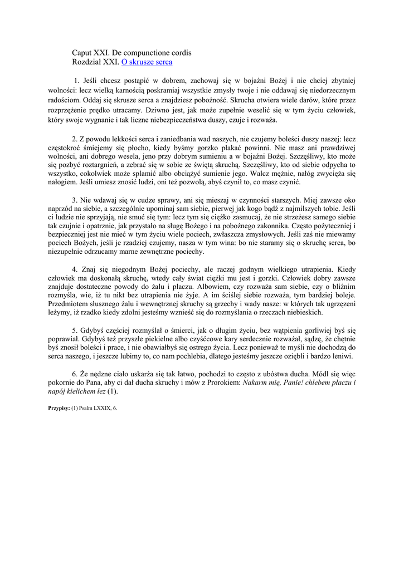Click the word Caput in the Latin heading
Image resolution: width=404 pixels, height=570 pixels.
[x=83, y=52]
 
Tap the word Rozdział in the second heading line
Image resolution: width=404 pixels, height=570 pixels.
[x=86, y=62]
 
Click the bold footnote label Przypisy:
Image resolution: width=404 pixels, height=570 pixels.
[x=59, y=407]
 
